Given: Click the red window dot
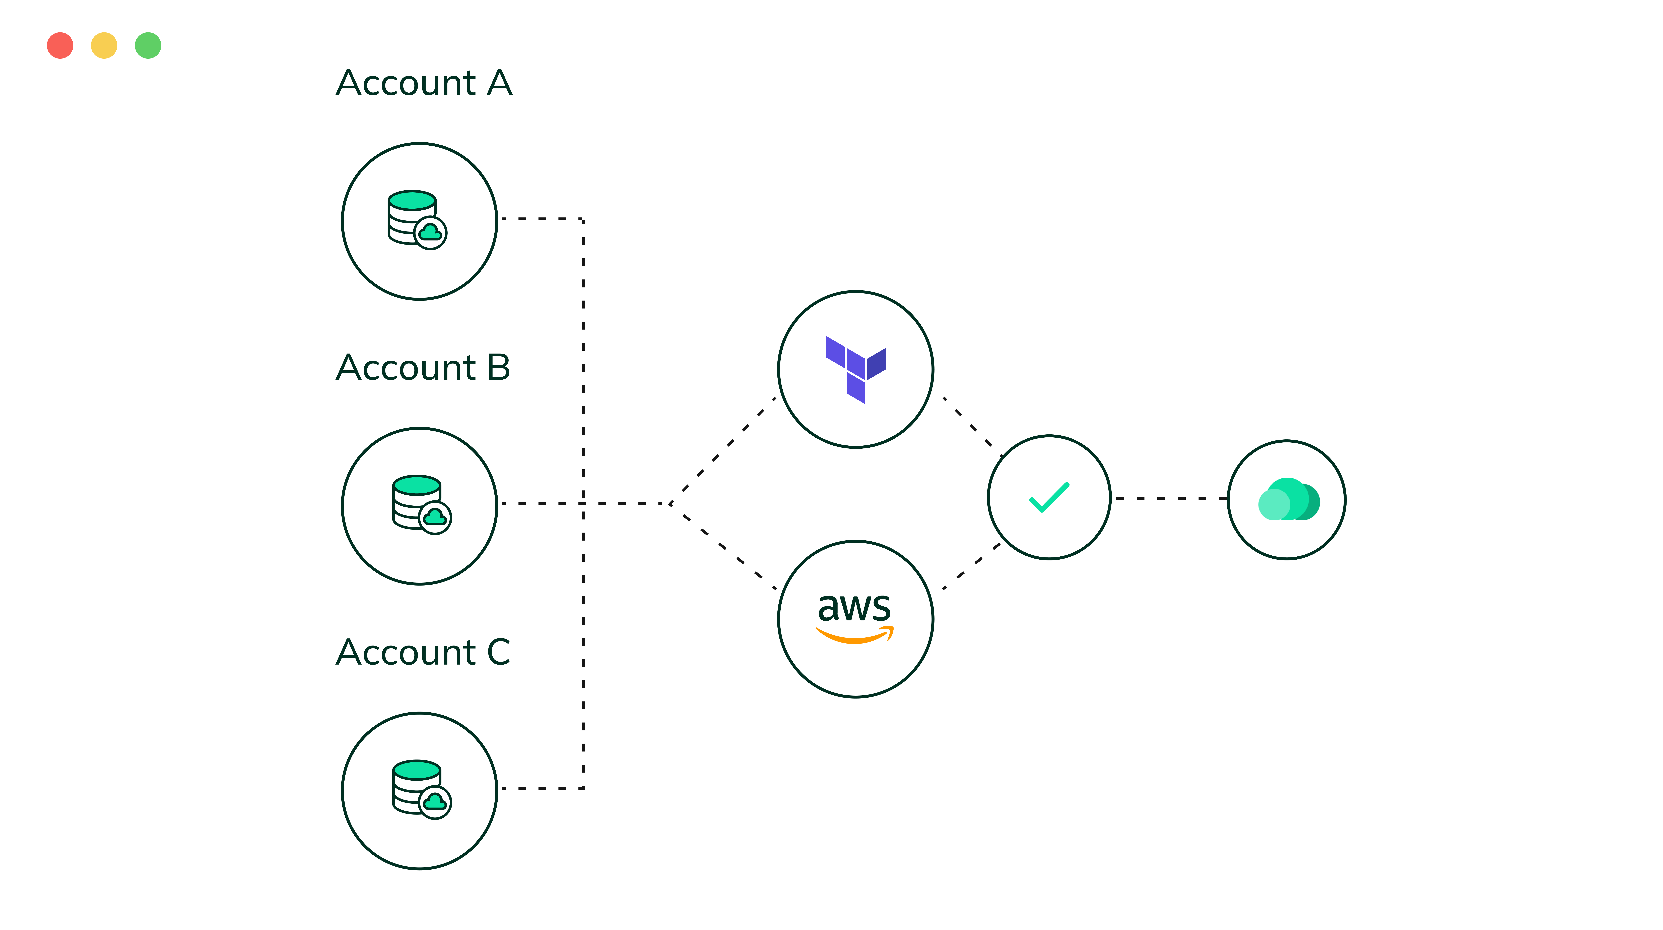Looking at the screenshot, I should click(x=60, y=45).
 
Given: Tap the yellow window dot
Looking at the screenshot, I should click(x=104, y=45).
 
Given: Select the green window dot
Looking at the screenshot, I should click(x=148, y=45).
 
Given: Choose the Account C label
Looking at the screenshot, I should click(x=423, y=652).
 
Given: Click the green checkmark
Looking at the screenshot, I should click(x=1049, y=497).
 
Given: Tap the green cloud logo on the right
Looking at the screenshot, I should click(x=1289, y=499).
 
